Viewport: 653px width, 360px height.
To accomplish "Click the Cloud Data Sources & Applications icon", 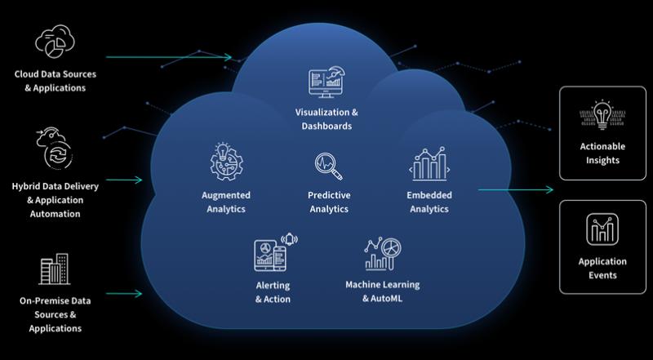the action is pyautogui.click(x=55, y=41).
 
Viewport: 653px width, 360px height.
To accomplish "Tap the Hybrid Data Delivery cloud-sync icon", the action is pyautogui.click(x=54, y=148).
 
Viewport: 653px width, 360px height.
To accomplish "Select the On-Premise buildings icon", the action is pyautogui.click(x=55, y=269).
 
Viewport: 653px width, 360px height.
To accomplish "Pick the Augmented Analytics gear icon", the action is pyautogui.click(x=226, y=162).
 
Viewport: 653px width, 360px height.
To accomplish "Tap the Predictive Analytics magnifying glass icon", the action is pyautogui.click(x=329, y=167).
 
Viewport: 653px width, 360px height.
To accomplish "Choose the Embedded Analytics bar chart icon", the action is pyautogui.click(x=429, y=164).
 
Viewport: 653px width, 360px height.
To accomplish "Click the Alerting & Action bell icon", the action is pyautogui.click(x=290, y=239).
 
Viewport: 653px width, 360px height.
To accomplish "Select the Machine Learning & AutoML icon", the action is pyautogui.click(x=383, y=254).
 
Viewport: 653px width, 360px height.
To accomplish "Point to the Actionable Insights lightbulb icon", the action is pyautogui.click(x=602, y=113).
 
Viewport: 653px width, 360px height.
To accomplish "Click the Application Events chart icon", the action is pyautogui.click(x=602, y=229).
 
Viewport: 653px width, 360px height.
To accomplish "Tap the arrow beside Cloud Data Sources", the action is pyautogui.click(x=169, y=57).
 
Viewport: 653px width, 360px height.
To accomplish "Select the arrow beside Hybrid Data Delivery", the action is pyautogui.click(x=124, y=180).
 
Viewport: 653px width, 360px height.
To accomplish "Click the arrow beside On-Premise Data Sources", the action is pyautogui.click(x=124, y=294).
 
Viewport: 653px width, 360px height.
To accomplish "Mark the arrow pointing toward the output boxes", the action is pyautogui.click(x=516, y=190).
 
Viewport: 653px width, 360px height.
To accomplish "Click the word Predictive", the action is pyautogui.click(x=329, y=195).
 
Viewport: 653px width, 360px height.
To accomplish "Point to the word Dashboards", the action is pyautogui.click(x=326, y=126).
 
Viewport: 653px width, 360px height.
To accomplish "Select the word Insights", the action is pyautogui.click(x=602, y=161).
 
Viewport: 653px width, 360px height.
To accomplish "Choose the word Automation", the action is pyautogui.click(x=55, y=214).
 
